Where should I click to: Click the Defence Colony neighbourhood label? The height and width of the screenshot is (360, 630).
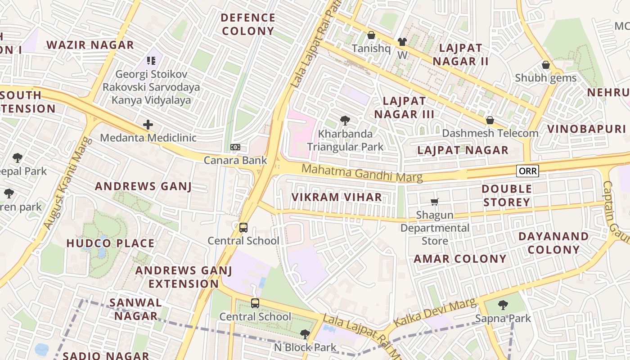[x=248, y=24]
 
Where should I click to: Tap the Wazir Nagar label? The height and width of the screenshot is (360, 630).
[x=90, y=45]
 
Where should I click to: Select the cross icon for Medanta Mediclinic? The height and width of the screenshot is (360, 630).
[x=148, y=125]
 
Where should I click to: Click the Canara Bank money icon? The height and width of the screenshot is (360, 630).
[x=235, y=147]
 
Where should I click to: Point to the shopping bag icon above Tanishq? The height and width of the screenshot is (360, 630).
[x=371, y=35]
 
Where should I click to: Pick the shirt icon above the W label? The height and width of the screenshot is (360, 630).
[x=402, y=42]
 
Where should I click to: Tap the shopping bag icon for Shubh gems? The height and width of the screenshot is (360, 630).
[x=546, y=65]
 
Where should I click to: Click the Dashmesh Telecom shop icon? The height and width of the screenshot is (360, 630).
[x=490, y=120]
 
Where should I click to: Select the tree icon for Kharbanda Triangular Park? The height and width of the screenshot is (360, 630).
[x=345, y=120]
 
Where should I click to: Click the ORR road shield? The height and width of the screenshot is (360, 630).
[x=527, y=171]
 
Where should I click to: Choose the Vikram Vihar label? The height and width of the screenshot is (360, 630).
[x=337, y=197]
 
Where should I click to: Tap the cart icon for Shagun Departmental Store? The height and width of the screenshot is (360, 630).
[x=434, y=202]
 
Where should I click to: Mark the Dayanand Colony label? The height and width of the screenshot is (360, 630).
[x=553, y=243]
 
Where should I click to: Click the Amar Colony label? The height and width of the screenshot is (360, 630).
[x=460, y=259]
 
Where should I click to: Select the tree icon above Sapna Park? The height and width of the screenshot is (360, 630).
[x=503, y=305]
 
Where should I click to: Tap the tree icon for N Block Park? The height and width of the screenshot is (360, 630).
[x=305, y=334]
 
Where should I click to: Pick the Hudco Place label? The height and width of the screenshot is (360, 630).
[x=110, y=243]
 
